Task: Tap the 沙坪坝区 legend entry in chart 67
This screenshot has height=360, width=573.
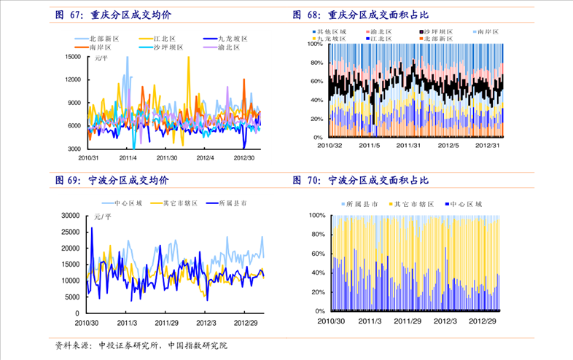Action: click(168, 47)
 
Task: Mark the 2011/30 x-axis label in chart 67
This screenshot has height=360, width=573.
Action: click(167, 157)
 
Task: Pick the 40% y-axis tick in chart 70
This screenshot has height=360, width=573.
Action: click(317, 273)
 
